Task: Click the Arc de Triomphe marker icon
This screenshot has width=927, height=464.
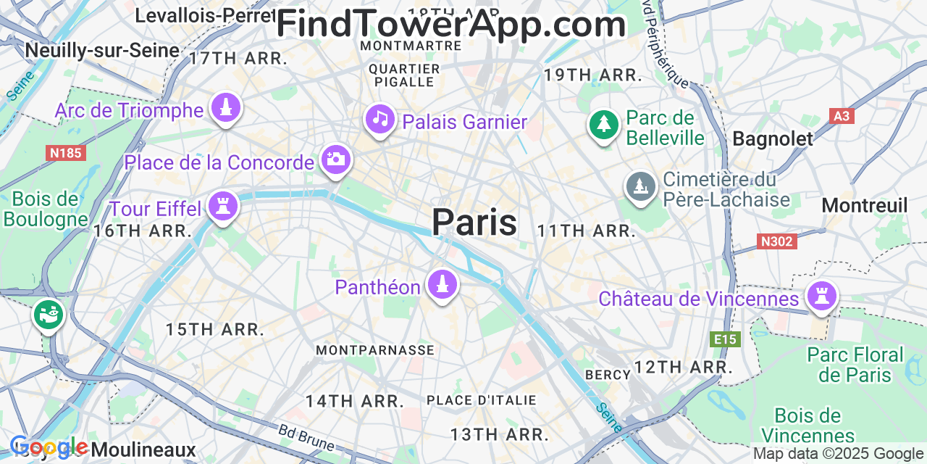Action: pos(226,109)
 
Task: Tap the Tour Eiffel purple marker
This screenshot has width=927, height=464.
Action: pos(223,206)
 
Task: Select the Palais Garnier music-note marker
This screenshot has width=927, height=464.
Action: pos(380,120)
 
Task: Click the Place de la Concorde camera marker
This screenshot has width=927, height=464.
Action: pos(335,159)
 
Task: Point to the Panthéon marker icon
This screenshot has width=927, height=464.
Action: pos(442,284)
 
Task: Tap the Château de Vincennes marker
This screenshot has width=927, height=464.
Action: pos(822,296)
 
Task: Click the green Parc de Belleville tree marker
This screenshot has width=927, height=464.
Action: pos(603,124)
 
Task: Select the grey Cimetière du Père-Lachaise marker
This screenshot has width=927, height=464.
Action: pos(641,187)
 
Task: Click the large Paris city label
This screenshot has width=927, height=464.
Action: pos(474,222)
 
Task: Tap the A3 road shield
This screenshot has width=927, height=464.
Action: pos(841,116)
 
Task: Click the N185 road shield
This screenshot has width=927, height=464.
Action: pos(65,153)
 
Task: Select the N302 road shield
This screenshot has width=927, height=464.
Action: pos(777,241)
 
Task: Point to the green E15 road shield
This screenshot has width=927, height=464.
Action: pos(726,339)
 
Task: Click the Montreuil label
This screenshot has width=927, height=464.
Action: pos(864,206)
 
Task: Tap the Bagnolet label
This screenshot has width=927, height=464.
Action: pos(773,139)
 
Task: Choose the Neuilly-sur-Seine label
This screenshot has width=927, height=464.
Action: pos(102,50)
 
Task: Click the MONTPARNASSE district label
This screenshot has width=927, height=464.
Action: pos(375,350)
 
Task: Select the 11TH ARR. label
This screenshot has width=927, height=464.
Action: pos(586,231)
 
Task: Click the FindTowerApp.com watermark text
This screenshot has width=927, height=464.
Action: pos(450,25)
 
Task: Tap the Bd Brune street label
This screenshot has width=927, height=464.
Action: pos(306,436)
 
